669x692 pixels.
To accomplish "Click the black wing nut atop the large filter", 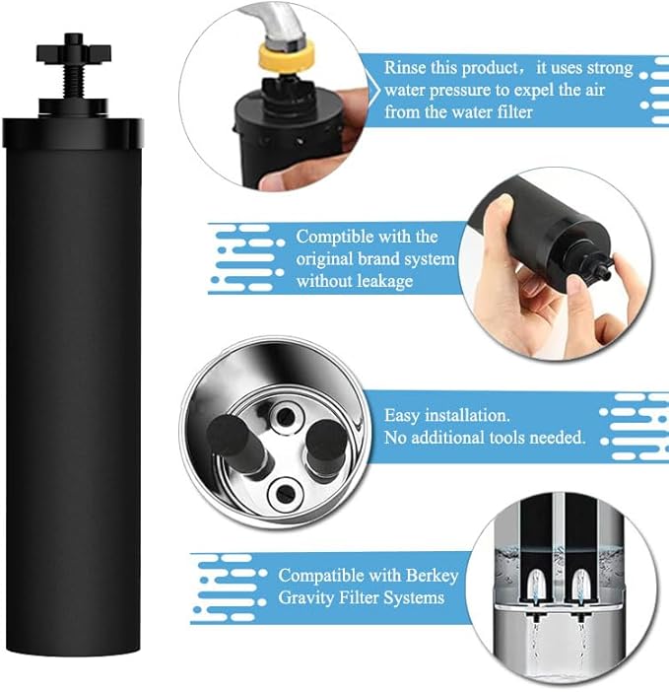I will click(73, 46).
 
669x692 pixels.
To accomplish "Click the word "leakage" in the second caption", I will click(382, 281).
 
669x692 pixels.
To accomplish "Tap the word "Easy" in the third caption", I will click(404, 416).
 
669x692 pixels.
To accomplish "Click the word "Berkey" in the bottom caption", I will click(411, 575).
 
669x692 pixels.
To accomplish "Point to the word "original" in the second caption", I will click(330, 259).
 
